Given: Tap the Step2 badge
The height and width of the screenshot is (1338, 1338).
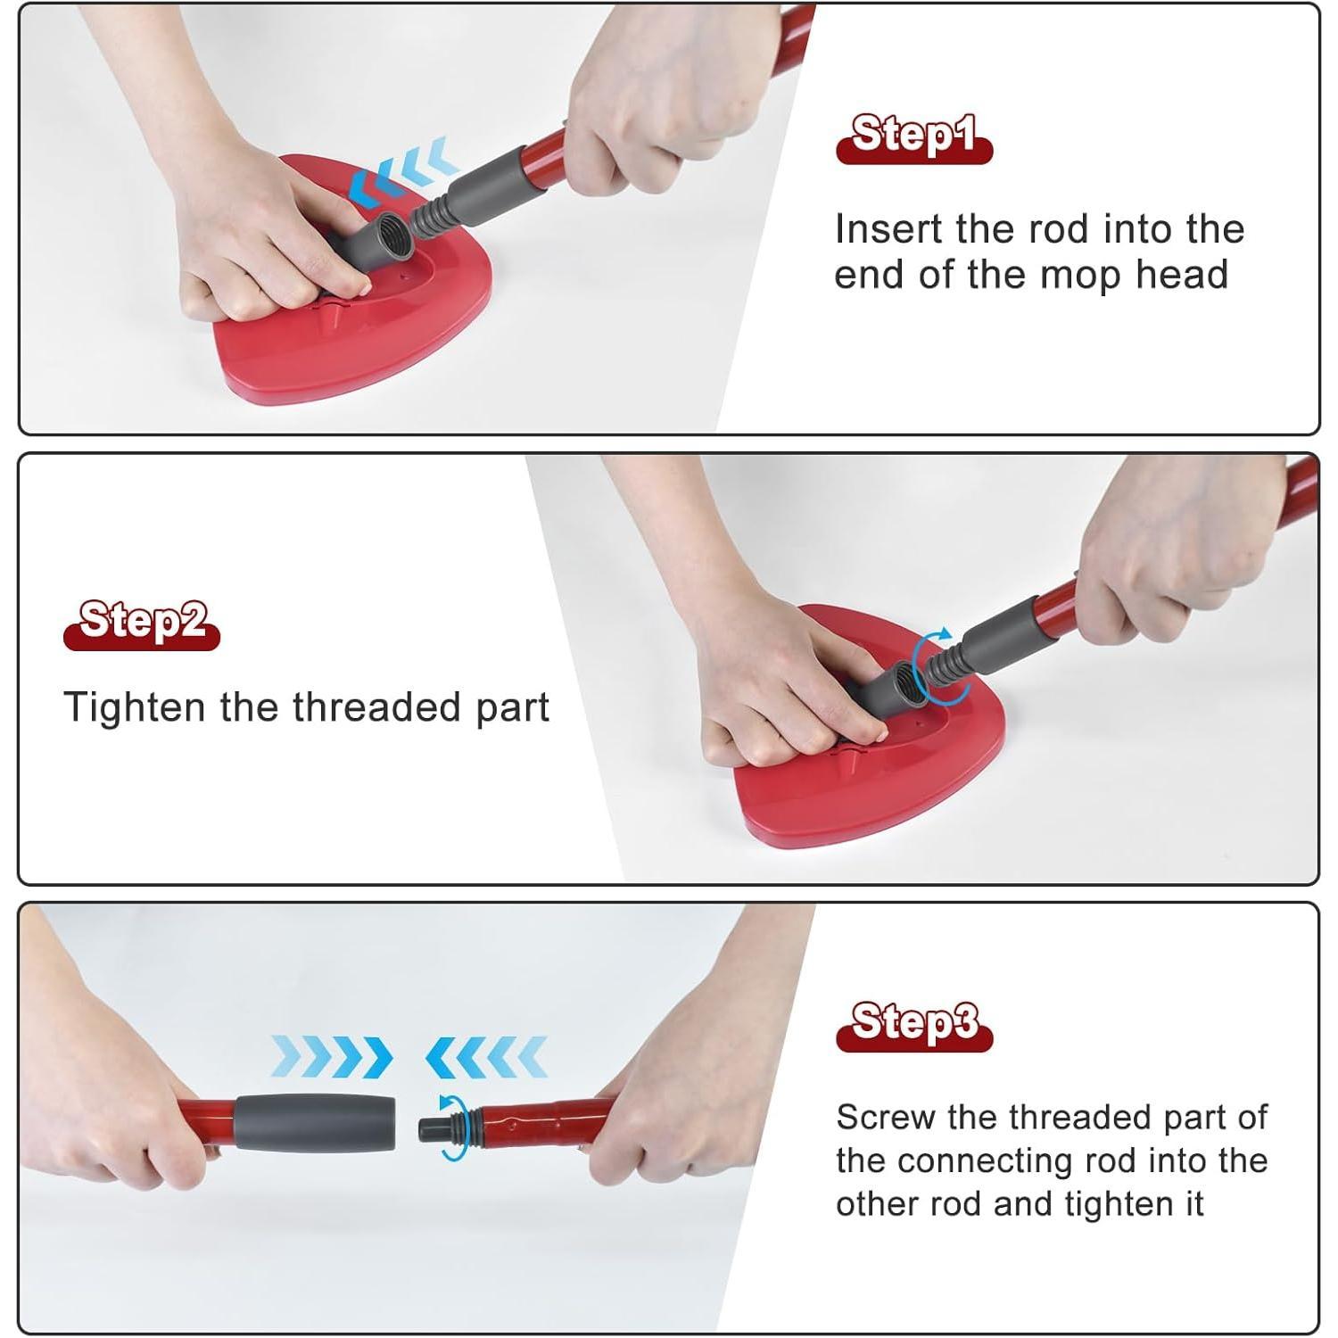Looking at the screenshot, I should point(141,623).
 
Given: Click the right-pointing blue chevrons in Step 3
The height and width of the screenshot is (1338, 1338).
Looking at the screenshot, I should point(332,1057).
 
